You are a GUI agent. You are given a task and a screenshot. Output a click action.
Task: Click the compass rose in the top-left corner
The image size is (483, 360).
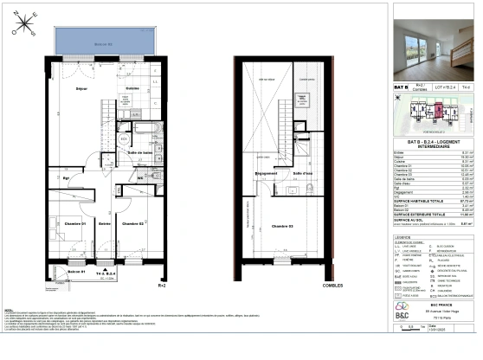tap(23, 30)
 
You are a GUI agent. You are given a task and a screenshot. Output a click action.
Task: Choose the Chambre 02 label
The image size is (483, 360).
tap(132, 223)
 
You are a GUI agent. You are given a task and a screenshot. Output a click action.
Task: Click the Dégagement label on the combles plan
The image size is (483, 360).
tap(266, 173)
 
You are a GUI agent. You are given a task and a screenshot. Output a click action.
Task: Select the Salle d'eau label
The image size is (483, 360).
tap(303, 174)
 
